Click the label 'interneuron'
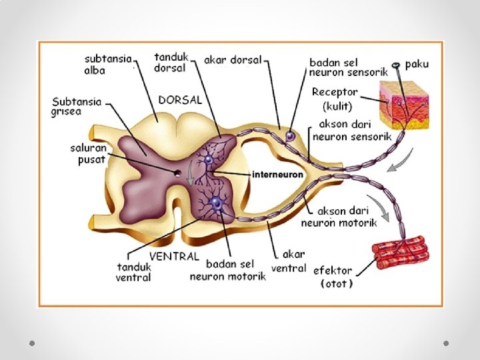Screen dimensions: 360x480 click(x=277, y=174)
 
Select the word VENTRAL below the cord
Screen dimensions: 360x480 click(x=174, y=256)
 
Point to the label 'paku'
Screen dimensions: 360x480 click(x=417, y=65)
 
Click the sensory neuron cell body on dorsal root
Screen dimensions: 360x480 click(x=291, y=136)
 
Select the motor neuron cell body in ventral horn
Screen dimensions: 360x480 click(x=215, y=203)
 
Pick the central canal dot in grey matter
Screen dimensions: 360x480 click(x=178, y=173)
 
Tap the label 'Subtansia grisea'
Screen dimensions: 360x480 click(x=77, y=107)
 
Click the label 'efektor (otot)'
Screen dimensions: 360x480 click(x=337, y=276)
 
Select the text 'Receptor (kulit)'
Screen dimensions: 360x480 click(x=335, y=99)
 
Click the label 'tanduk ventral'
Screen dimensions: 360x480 click(x=133, y=272)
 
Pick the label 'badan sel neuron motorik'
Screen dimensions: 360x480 click(x=227, y=269)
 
